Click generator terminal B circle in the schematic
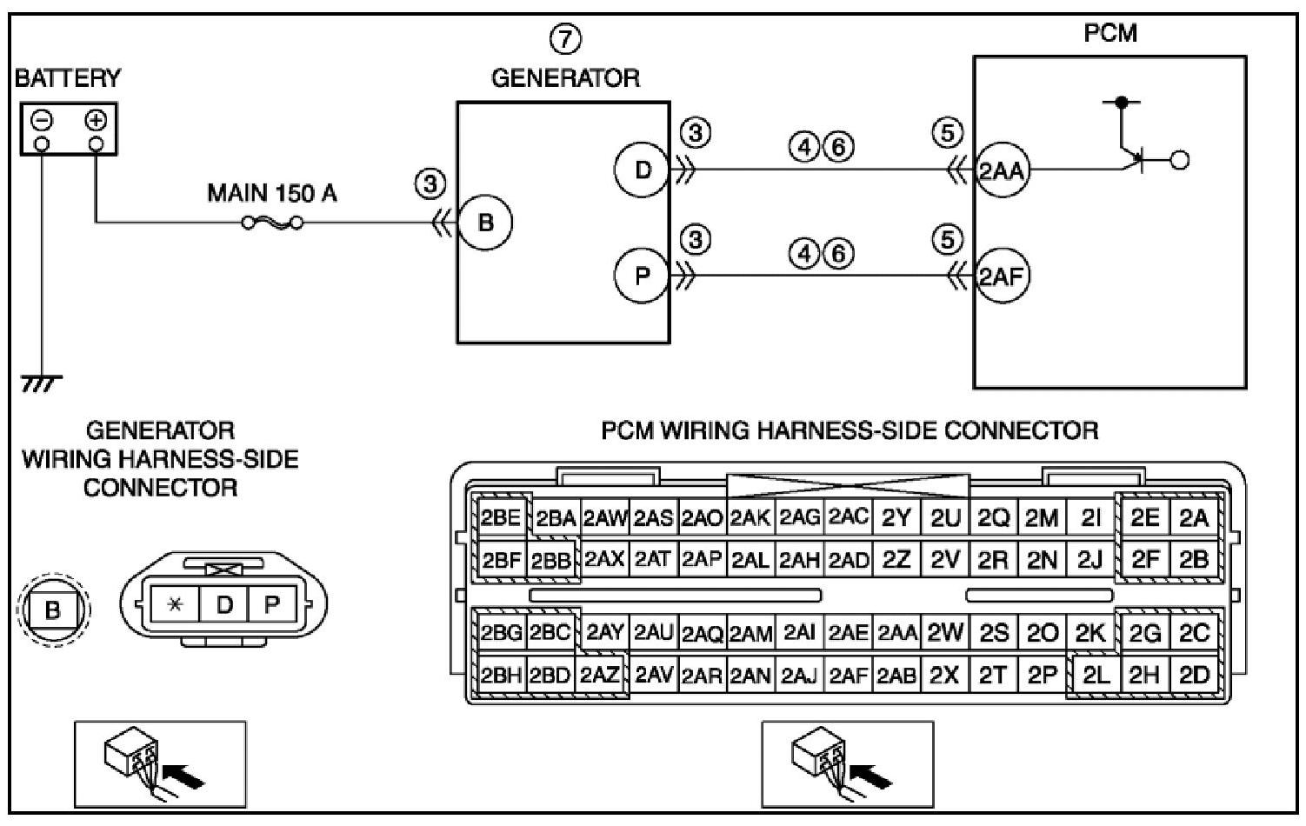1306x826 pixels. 485,223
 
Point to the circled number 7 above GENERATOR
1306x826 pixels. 565,38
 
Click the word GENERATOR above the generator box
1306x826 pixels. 565,78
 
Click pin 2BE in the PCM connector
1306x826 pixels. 500,519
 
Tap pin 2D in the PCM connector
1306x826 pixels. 1195,675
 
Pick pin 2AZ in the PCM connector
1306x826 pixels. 600,675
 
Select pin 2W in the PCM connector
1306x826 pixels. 945,633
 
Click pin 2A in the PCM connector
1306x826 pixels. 1194,519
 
